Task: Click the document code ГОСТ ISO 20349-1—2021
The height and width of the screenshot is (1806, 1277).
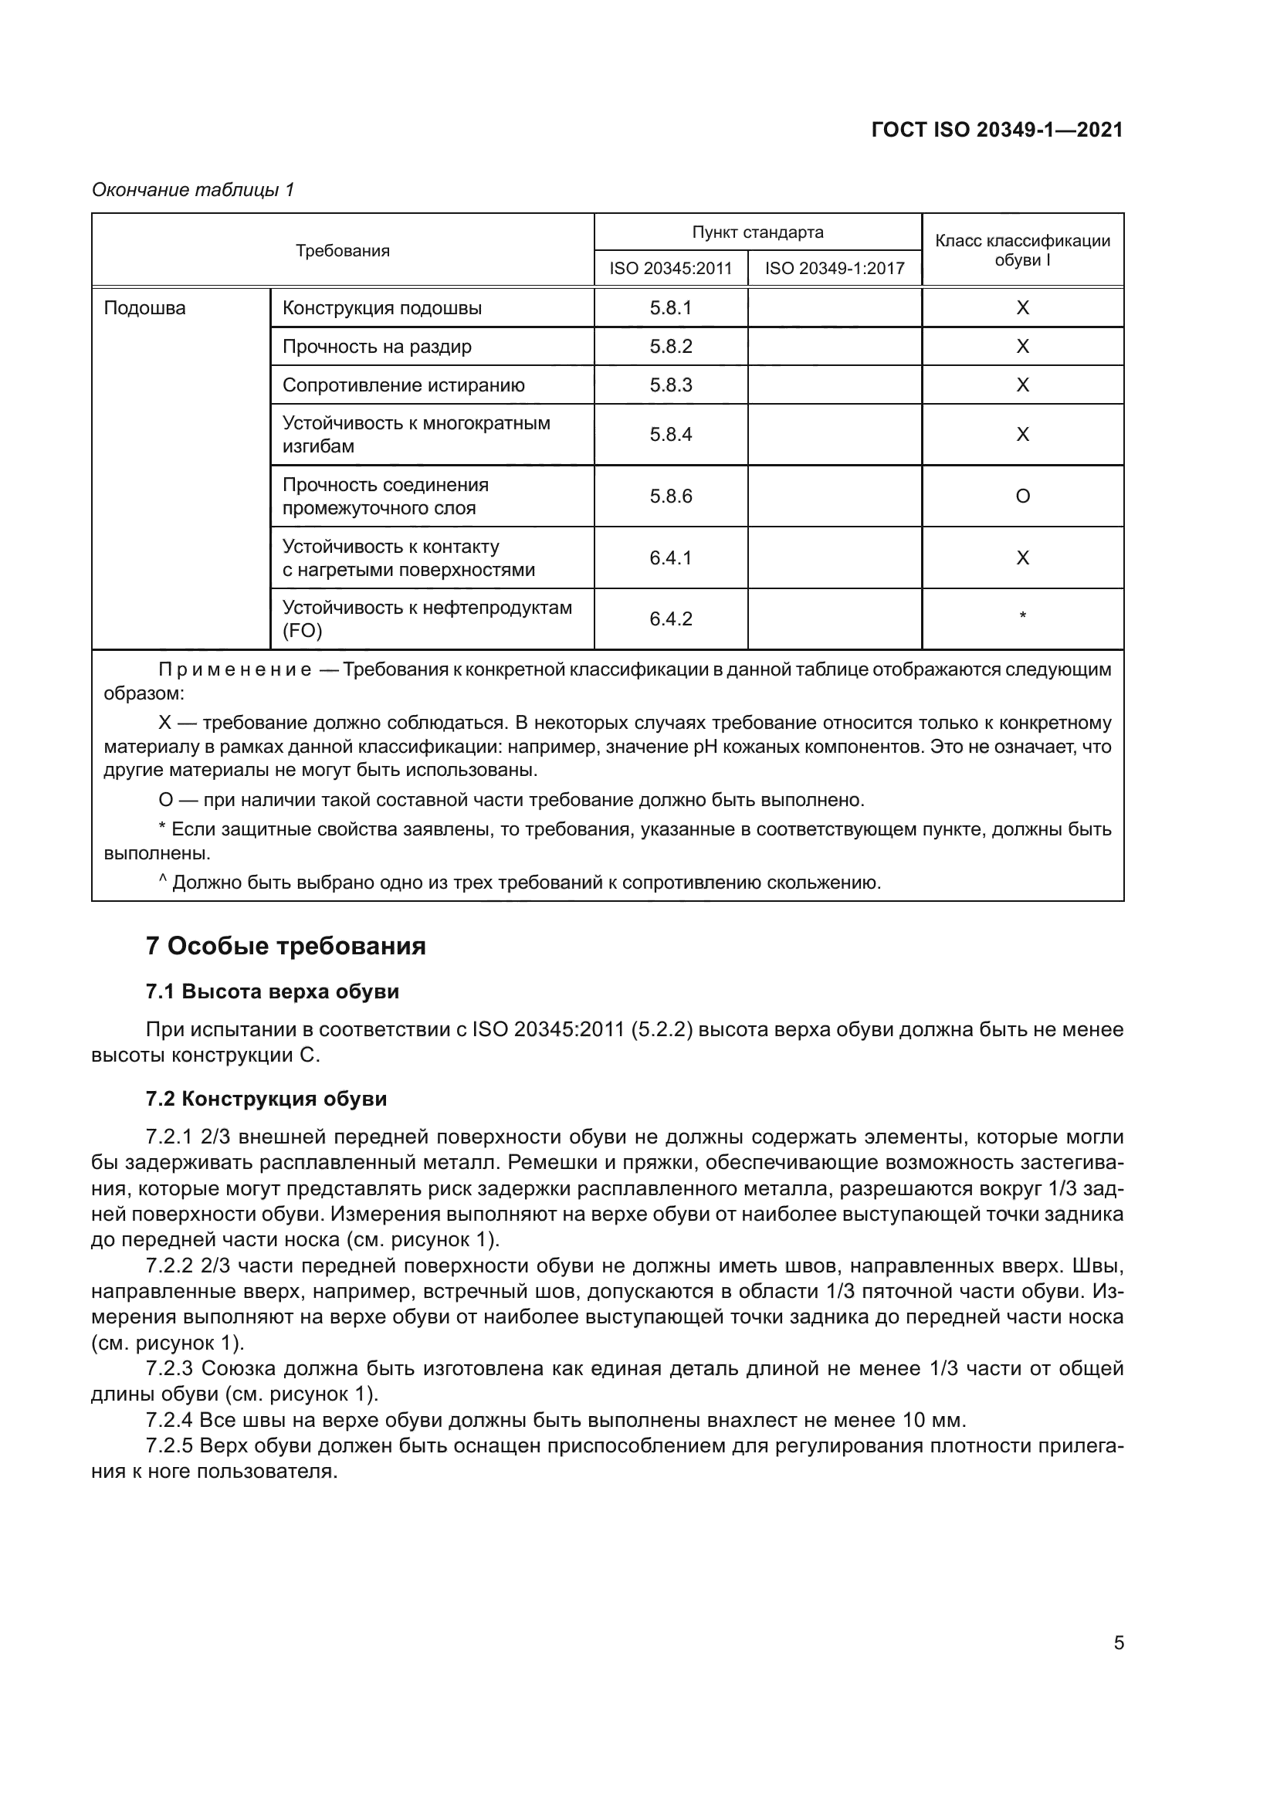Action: [x=996, y=130]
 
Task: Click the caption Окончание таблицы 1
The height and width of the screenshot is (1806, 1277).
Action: [x=193, y=190]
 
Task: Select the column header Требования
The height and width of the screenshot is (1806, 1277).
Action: [x=342, y=251]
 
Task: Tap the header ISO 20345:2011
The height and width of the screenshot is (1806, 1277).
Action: [x=670, y=268]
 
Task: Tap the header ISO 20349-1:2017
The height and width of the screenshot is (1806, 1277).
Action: [x=835, y=268]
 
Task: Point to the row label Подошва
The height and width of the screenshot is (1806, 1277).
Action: [x=144, y=308]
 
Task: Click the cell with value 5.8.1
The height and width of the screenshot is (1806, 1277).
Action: [x=670, y=308]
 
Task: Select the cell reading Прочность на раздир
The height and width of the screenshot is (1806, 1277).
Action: [x=377, y=347]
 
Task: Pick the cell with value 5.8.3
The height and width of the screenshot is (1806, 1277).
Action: [x=670, y=385]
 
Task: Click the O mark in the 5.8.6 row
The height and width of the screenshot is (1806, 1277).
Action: [x=1022, y=496]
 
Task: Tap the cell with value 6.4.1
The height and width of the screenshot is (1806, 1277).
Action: [x=670, y=557]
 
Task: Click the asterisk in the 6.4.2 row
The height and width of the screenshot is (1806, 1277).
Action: [x=1022, y=616]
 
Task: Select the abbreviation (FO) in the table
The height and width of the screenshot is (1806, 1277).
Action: [x=302, y=631]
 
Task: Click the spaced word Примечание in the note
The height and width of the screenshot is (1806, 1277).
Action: [x=235, y=670]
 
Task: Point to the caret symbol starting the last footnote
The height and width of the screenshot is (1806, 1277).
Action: [x=163, y=881]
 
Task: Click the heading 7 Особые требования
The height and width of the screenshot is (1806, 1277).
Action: [x=286, y=946]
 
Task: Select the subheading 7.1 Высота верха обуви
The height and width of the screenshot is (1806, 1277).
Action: [x=272, y=992]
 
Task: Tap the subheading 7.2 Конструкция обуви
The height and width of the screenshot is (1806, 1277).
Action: [x=266, y=1099]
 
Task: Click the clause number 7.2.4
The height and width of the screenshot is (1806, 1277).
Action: [x=169, y=1421]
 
